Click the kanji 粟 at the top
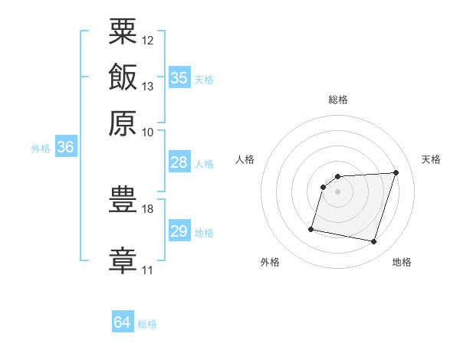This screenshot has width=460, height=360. [123, 31]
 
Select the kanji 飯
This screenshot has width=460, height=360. [123, 77]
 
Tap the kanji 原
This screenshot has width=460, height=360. [123, 123]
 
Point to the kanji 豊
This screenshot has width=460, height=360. [123, 199]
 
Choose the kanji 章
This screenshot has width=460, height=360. [123, 261]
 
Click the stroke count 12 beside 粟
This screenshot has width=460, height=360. [147, 41]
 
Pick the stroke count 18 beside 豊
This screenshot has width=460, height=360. [147, 209]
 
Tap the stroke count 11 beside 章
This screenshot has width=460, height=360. [147, 270]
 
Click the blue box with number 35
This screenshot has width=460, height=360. [179, 77]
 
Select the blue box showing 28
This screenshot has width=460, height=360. [179, 162]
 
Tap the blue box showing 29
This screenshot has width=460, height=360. [179, 230]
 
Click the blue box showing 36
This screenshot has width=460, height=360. [66, 146]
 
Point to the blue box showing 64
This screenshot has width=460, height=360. [123, 321]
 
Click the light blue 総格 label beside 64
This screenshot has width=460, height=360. [147, 324]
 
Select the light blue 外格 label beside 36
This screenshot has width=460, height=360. [41, 149]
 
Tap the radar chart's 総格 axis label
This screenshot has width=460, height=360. [338, 100]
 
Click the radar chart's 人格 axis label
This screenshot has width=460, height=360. [245, 159]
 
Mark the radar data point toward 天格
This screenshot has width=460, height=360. [396, 172]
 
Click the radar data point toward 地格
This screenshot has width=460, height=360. [373, 242]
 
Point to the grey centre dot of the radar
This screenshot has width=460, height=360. [337, 191]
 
